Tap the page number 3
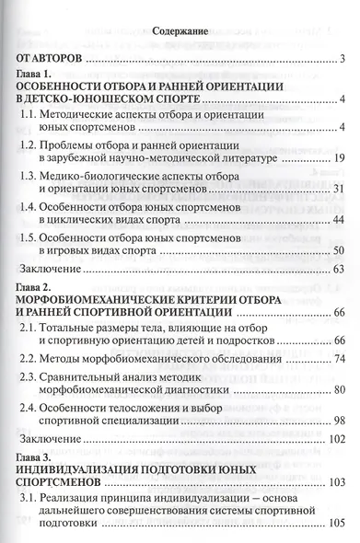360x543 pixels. tap(342, 61)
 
